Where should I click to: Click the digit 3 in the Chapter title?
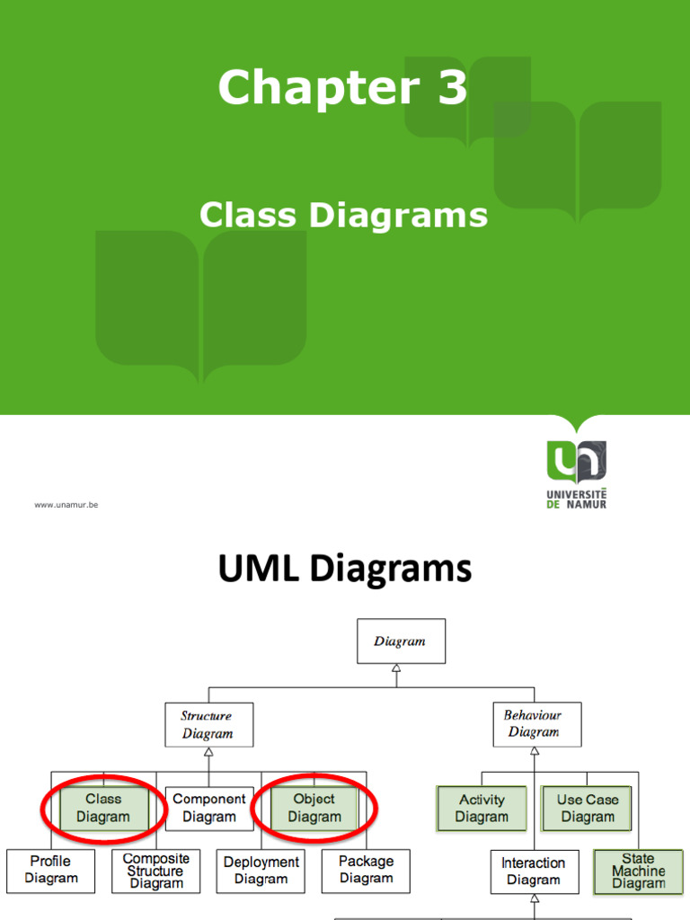tap(452, 89)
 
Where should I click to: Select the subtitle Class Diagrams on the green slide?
tap(343, 216)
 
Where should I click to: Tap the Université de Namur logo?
tap(576, 473)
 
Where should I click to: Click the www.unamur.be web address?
tap(66, 505)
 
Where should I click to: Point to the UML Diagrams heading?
tap(345, 570)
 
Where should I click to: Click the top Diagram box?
tap(401, 641)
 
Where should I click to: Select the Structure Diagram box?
tap(208, 724)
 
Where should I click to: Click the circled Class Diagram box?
tap(103, 808)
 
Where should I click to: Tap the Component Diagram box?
tap(209, 808)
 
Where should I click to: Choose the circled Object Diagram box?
tap(314, 808)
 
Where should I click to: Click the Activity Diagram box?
tap(482, 808)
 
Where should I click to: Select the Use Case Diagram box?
tap(587, 808)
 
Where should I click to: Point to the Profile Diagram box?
tap(50, 870)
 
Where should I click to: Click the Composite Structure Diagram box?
tap(155, 871)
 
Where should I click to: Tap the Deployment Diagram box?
tap(261, 870)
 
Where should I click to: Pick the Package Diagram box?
tap(366, 870)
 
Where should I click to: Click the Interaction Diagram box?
tap(533, 871)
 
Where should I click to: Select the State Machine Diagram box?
tap(638, 871)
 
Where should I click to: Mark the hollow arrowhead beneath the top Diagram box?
tap(396, 669)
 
